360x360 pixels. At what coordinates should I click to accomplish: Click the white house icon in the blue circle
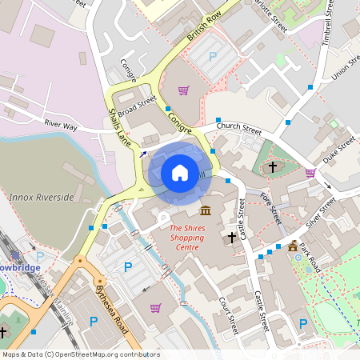point(180,173)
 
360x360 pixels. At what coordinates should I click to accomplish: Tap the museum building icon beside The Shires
point(206,211)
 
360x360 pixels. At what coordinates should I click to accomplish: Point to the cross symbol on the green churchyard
point(273,166)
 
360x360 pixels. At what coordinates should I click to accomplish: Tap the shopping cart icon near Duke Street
point(310,172)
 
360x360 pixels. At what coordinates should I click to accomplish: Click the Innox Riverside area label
point(41,197)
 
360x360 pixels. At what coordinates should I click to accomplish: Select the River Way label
point(61,126)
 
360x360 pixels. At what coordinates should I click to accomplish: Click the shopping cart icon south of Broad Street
point(183,90)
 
